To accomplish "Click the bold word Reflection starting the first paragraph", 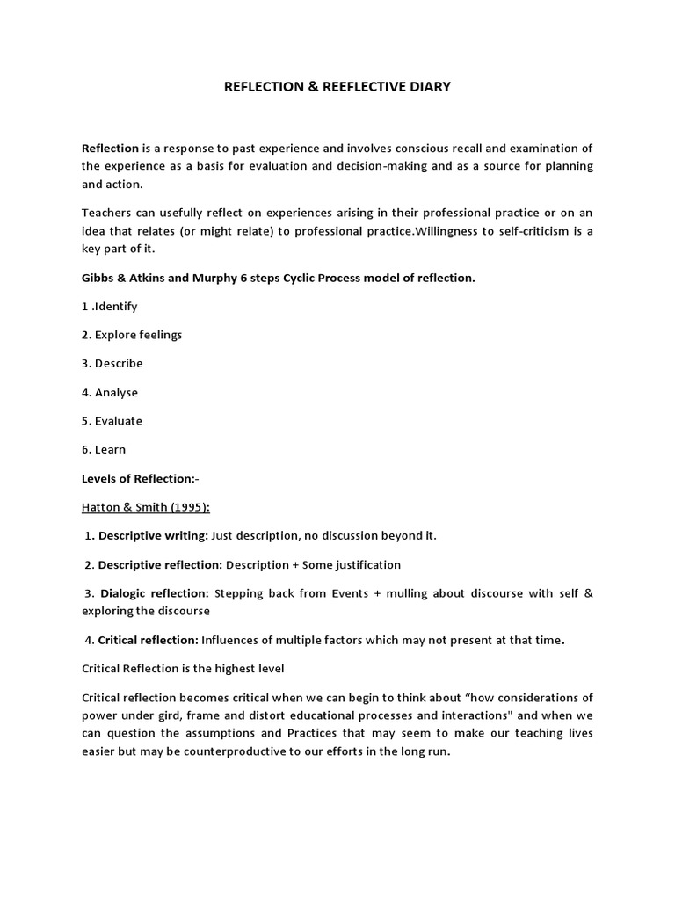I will [111, 149].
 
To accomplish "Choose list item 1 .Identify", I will [110, 307].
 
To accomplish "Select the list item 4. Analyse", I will [110, 392].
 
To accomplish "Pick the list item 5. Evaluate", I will [112, 421].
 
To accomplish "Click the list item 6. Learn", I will [104, 449].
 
